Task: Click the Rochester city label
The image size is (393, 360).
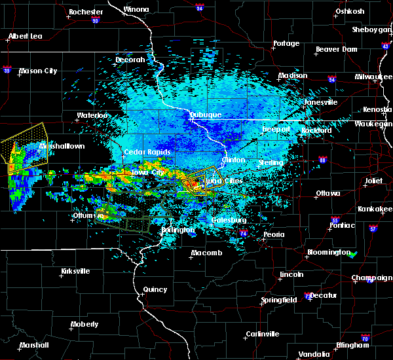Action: tap(86, 12)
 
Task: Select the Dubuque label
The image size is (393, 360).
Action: tap(205, 115)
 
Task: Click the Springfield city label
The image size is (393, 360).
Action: tap(280, 300)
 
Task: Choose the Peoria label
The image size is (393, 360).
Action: tap(274, 234)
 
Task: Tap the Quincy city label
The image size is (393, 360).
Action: tap(155, 289)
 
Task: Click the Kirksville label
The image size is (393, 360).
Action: tap(75, 271)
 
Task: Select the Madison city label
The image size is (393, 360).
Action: tap(292, 75)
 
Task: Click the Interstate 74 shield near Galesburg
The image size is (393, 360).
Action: tap(243, 233)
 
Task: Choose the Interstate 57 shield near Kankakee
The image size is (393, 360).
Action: tap(373, 229)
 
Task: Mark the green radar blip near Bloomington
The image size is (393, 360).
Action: tap(353, 253)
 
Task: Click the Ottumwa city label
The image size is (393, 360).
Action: tap(88, 215)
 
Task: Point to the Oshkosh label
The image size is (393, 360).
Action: tap(349, 11)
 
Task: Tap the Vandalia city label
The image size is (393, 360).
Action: tap(314, 354)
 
